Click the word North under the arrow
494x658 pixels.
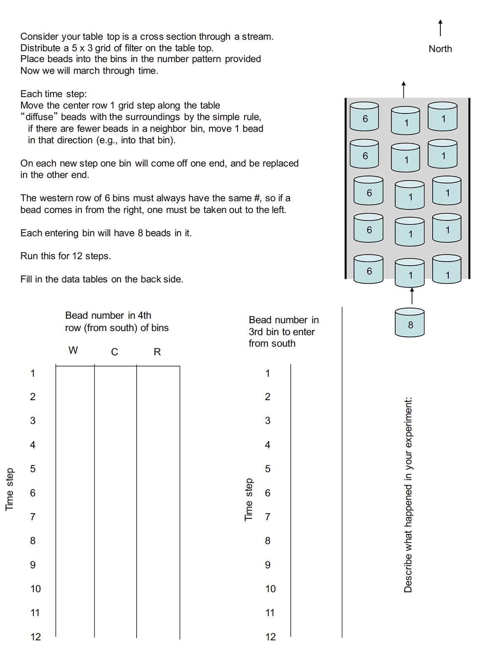coord(440,49)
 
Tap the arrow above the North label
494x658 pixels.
coord(440,28)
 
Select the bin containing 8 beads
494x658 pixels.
coord(410,323)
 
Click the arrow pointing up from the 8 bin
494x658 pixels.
coord(412,296)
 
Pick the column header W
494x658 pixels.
coord(73,350)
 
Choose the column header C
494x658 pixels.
coord(114,352)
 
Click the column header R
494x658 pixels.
coord(157,352)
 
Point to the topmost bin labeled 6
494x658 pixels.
coord(364,117)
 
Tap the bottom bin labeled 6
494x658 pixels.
coord(369,269)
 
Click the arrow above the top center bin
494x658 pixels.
coord(404,89)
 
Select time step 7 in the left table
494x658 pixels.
coord(33,517)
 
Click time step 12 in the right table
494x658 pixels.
coord(270,637)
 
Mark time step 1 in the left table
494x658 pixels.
coord(33,373)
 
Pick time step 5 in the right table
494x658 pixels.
coord(268,469)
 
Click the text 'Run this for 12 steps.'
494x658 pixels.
coord(66,256)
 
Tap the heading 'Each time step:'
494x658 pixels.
coord(54,94)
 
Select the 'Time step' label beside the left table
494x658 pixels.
coord(9,489)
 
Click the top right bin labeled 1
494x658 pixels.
coord(443,117)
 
